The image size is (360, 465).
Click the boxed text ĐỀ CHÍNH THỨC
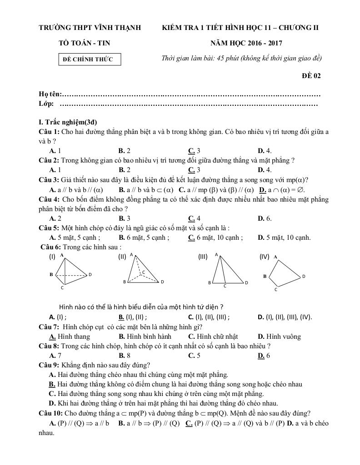pos(91,59)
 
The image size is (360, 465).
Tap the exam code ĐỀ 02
pos(311,76)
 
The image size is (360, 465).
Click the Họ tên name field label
pos(50,94)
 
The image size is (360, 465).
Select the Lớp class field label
pos(47,104)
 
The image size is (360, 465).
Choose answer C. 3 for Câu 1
pos(194,151)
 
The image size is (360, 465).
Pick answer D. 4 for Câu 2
pos(265,170)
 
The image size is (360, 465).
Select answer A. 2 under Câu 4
pos(55,218)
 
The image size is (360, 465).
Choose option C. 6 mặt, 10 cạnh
pos(215,237)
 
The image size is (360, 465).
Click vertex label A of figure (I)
pos(61,255)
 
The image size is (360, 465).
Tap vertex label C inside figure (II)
pos(144,272)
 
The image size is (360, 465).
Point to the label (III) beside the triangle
pos(203,257)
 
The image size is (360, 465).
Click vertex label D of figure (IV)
pos(304,276)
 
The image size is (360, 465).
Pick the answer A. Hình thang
pos(70,336)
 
